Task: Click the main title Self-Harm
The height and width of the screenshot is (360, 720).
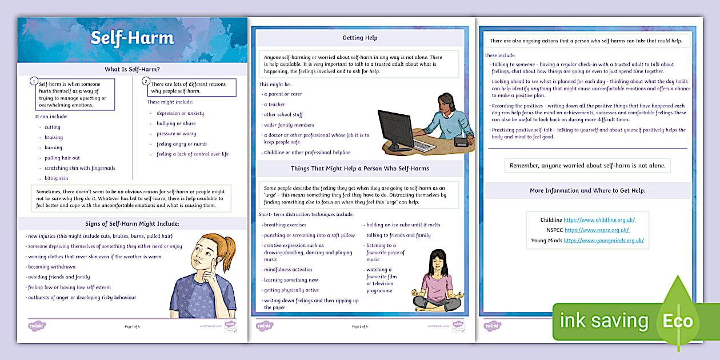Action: click(132, 38)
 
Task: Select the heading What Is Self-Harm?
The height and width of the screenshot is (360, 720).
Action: click(132, 70)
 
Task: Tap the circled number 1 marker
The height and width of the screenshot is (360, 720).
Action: click(34, 81)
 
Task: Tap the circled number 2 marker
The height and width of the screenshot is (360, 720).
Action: click(146, 81)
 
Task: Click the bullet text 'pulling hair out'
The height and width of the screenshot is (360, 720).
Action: click(62, 158)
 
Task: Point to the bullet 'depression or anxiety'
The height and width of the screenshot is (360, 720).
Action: click(180, 113)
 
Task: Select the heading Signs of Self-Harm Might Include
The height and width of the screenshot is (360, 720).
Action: click(132, 223)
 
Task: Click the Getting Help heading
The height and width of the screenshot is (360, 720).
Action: click(359, 38)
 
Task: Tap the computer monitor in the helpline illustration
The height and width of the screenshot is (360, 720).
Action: click(395, 130)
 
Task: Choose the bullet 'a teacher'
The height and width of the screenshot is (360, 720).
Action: click(274, 105)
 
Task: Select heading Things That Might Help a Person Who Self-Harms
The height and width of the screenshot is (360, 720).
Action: click(359, 169)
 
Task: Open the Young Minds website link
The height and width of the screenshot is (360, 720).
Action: click(603, 241)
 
